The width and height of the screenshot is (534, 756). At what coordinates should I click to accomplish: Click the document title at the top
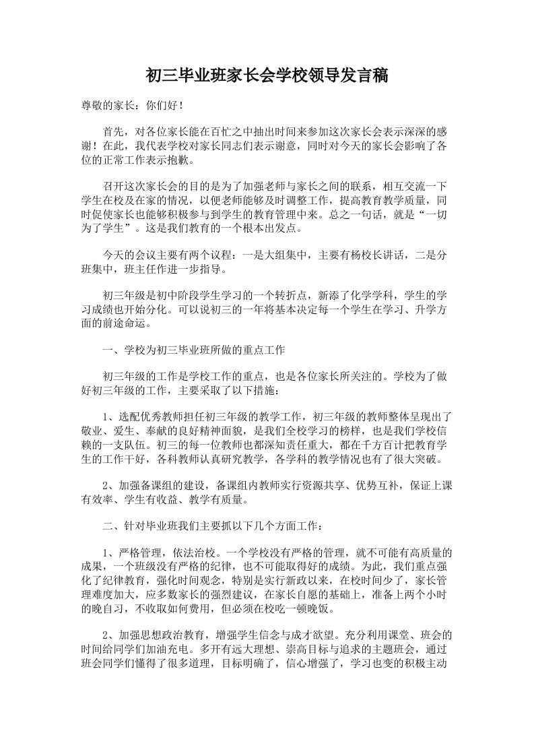point(267,75)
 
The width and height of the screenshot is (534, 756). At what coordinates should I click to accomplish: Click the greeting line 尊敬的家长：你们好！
point(131,106)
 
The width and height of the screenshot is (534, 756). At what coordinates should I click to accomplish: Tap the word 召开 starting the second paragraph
point(113,186)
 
